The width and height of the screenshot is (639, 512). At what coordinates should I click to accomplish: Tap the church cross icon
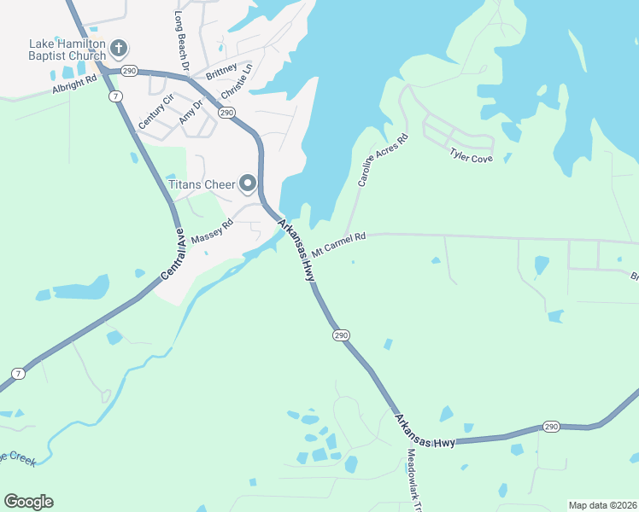point(119,47)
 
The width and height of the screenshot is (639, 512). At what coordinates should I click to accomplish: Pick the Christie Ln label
point(237,81)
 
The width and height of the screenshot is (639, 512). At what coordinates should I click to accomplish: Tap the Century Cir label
point(155,113)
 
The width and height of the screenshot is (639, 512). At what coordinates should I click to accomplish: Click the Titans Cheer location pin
point(248,183)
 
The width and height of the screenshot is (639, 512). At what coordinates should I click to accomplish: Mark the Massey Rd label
point(211,233)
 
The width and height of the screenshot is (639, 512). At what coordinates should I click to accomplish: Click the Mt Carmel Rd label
point(338,244)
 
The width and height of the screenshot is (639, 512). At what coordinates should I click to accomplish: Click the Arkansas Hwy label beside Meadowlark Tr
point(425,433)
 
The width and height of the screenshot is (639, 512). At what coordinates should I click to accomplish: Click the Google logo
point(28,502)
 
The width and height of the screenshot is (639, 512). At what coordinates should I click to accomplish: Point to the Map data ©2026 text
point(601,505)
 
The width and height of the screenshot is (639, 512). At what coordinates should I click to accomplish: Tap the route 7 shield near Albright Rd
point(114,96)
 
